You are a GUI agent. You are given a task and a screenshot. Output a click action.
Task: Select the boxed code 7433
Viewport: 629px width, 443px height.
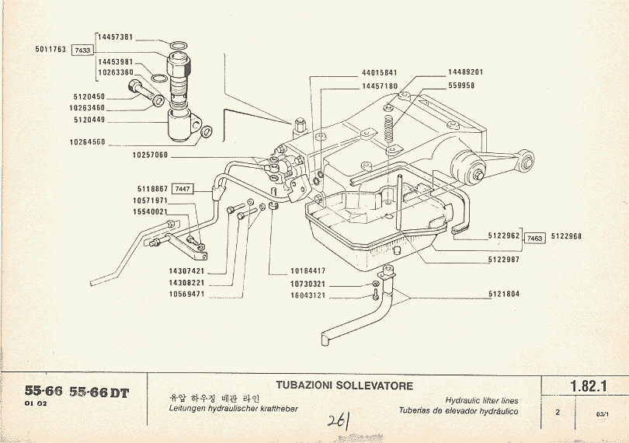coord(82,50)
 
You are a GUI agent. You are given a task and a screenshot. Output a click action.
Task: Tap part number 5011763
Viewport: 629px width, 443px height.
coord(50,50)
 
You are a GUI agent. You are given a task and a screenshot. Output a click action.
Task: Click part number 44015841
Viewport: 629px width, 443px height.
coord(380,73)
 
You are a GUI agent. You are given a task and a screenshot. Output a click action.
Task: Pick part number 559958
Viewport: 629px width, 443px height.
coord(460,86)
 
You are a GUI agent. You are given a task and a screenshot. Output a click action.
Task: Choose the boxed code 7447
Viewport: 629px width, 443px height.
coord(181,189)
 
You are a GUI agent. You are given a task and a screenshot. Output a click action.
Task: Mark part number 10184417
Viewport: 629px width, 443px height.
coord(307,270)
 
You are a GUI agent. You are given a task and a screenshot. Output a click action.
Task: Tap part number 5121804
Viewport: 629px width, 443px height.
coord(506,295)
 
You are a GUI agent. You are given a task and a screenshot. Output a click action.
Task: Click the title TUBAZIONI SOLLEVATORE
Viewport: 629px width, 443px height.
coord(345,385)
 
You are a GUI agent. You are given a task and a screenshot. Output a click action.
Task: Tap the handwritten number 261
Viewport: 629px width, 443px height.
coord(338,420)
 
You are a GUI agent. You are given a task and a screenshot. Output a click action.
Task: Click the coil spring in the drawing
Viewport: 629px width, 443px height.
coord(394,127)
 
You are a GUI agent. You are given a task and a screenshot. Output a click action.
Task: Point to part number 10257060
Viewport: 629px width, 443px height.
coord(150,155)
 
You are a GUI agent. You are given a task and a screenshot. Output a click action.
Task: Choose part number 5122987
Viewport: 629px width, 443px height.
coord(506,260)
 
